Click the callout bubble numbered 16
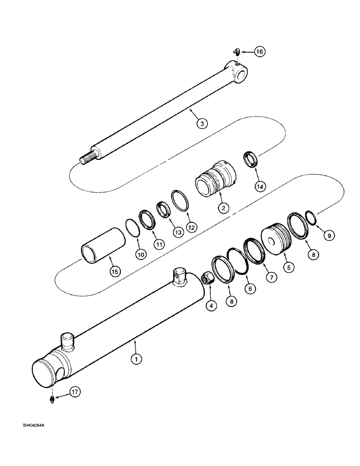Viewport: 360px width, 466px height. (259, 52)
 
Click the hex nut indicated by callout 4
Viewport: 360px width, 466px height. (206, 280)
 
